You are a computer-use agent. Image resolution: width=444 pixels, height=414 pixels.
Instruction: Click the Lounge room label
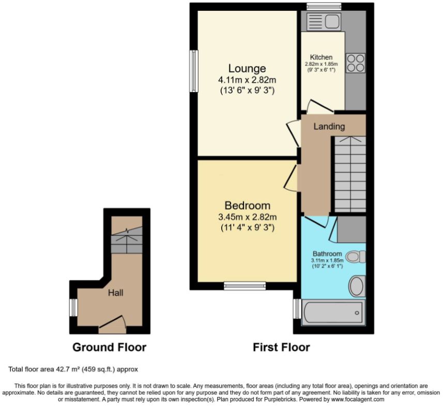(x=247, y=68)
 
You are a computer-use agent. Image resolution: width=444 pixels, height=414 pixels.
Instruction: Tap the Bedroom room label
(x=247, y=205)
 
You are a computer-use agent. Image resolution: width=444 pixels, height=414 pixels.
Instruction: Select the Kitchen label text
(x=321, y=57)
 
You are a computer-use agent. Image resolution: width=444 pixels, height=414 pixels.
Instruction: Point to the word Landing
(x=329, y=126)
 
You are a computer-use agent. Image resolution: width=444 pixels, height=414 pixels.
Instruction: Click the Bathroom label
(x=327, y=254)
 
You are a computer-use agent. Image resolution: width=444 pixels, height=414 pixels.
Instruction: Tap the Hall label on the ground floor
(x=116, y=292)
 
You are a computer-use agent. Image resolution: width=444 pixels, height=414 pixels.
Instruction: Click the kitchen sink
(x=324, y=21)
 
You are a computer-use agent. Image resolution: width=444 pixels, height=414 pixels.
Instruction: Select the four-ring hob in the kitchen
(x=356, y=63)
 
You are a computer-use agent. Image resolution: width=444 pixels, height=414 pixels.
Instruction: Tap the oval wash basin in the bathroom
(x=357, y=286)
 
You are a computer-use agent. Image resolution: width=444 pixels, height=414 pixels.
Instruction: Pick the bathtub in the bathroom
(x=333, y=313)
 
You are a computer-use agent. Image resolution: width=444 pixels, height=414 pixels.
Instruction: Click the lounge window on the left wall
(x=194, y=71)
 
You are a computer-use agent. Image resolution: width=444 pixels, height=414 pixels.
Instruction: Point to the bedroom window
(x=245, y=286)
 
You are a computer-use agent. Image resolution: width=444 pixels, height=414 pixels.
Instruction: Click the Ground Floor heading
(x=109, y=347)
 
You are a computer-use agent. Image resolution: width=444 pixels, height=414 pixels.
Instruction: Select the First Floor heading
(x=281, y=347)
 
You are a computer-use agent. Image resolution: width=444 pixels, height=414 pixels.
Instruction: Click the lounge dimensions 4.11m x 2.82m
(x=247, y=80)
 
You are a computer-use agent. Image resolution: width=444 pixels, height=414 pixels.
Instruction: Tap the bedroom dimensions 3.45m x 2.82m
(x=247, y=217)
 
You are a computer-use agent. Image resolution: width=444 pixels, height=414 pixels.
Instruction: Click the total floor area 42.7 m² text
(x=73, y=369)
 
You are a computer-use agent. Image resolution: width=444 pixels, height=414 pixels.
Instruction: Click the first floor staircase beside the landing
(x=350, y=174)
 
